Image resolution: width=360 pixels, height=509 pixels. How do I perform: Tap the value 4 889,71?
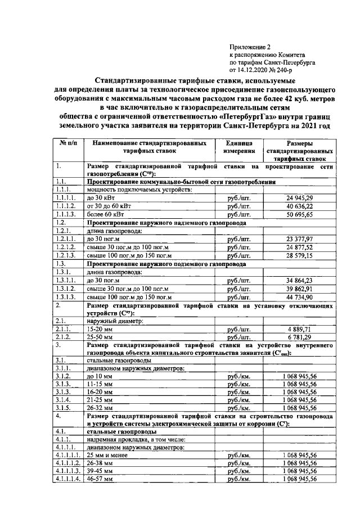point(302,328)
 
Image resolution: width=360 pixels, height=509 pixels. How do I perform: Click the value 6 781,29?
point(302,337)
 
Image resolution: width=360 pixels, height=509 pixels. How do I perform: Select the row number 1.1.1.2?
point(66,206)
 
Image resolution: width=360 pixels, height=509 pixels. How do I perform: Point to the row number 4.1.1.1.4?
point(69,479)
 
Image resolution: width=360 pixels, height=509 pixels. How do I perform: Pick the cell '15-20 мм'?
point(101,328)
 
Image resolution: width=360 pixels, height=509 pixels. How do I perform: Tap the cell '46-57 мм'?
point(101,479)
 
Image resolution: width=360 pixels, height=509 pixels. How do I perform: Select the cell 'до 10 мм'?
point(102,375)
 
